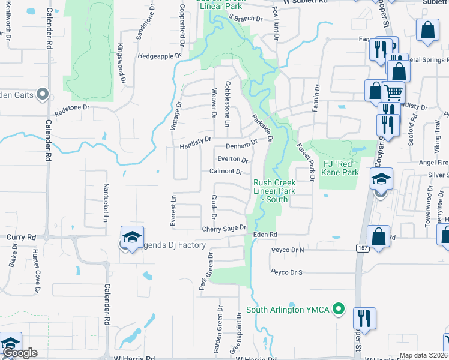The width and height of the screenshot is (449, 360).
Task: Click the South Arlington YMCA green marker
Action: (339, 310)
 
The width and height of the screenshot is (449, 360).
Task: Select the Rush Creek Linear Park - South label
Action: (274, 191)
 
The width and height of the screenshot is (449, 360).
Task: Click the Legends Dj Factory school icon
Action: (132, 238)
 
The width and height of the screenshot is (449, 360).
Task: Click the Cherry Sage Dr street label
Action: (224, 229)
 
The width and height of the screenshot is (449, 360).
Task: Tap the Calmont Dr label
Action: (226, 172)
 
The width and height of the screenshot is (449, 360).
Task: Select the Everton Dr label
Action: (232, 160)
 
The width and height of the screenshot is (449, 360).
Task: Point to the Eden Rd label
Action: (265, 235)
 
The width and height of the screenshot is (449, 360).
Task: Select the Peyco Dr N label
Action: (287, 249)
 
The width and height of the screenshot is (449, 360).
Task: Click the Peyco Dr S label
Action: (286, 272)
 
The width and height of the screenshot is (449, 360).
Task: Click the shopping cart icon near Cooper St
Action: (393, 93)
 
